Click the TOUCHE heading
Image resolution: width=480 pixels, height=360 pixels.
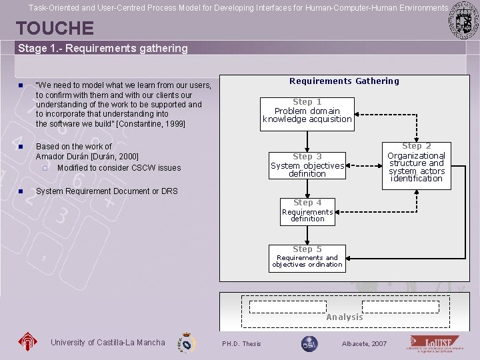[55, 28]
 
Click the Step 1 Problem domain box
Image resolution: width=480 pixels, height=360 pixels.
[307, 111]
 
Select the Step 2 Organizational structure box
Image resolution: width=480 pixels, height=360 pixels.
[417, 163]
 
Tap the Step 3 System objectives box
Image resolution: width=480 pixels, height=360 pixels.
[307, 165]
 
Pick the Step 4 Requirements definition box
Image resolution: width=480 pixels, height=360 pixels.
[307, 211]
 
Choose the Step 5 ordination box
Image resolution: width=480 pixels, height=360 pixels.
[307, 257]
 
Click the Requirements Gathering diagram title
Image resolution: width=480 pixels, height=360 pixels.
[344, 81]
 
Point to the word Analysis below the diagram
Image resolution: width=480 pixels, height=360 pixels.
[345, 317]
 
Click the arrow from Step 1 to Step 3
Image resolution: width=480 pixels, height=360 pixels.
[307, 141]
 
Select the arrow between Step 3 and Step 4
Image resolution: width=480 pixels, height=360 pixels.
[307, 187]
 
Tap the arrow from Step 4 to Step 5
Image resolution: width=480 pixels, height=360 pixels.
[307, 233]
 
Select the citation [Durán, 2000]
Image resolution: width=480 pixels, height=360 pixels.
[115, 157]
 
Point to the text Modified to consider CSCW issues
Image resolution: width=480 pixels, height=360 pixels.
[119, 168]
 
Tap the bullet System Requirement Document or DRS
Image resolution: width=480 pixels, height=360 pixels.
[107, 191]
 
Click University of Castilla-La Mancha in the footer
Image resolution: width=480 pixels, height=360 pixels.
[107, 343]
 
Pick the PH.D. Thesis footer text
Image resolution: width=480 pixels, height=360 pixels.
[241, 344]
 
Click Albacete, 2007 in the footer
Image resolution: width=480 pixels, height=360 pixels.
[364, 344]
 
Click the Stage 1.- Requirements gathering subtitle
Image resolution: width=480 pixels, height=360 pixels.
[103, 49]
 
